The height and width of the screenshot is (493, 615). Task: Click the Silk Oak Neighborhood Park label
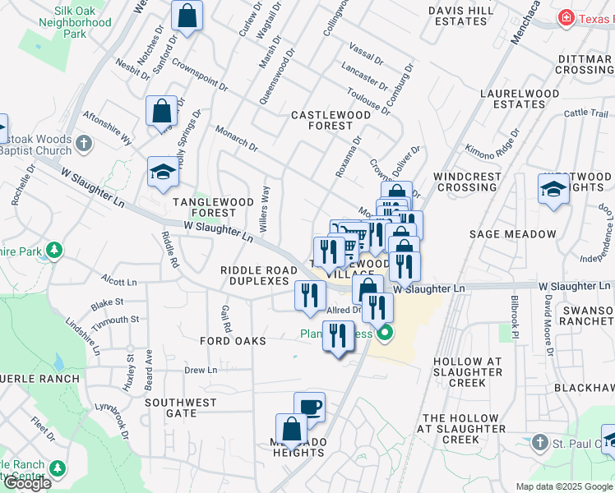(72, 22)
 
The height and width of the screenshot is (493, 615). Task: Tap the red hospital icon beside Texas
(566, 17)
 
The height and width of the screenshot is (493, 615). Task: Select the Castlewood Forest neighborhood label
(331, 121)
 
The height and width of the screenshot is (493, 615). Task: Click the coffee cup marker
(310, 408)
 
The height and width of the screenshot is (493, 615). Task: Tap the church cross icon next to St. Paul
(539, 443)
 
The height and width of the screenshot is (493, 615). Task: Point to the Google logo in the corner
(26, 483)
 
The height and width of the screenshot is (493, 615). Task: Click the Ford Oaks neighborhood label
(233, 340)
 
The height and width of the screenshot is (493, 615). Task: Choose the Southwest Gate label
(181, 408)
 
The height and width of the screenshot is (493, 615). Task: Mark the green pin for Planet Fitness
(383, 333)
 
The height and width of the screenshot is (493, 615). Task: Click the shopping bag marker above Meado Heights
(291, 429)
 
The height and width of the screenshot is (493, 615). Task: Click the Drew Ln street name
(201, 371)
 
